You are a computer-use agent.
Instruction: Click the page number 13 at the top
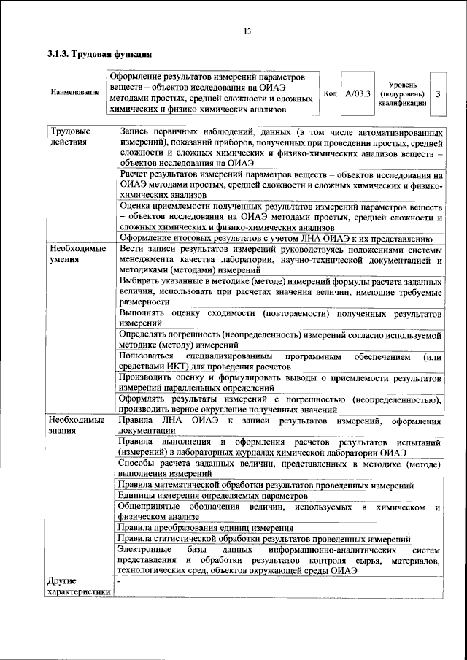(x=247, y=31)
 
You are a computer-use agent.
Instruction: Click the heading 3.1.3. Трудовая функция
(x=99, y=55)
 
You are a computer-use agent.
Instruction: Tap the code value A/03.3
(x=358, y=93)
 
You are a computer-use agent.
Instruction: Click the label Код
(x=330, y=93)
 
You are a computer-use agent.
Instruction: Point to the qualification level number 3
(x=437, y=93)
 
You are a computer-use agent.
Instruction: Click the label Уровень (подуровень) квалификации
(x=402, y=93)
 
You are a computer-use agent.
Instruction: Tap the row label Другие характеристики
(x=77, y=586)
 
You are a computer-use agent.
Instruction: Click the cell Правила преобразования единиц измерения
(x=207, y=528)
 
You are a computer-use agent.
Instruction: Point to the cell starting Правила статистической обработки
(x=269, y=539)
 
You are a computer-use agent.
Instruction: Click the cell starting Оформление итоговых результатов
(x=278, y=238)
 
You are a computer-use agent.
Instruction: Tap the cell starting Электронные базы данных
(x=280, y=560)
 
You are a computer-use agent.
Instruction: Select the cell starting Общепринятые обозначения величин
(x=280, y=512)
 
